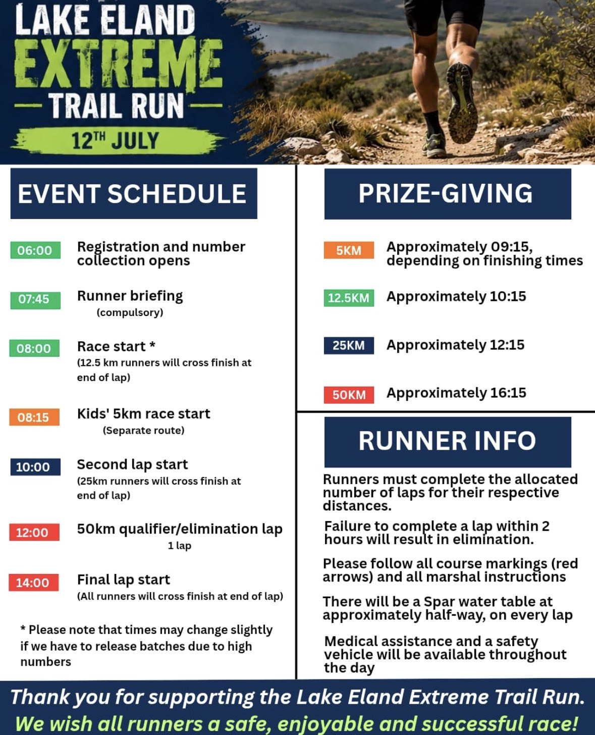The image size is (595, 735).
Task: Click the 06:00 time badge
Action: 35,250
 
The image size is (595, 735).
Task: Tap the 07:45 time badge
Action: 35,300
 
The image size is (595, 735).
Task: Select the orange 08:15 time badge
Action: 34,417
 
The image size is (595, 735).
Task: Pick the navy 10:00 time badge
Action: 35,467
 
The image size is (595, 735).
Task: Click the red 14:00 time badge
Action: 33,583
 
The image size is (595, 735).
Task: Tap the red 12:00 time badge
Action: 34,532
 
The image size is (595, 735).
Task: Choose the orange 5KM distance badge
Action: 349,250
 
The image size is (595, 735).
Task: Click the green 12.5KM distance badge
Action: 349,298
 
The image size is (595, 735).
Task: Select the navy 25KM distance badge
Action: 349,345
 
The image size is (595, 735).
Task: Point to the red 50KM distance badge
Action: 349,395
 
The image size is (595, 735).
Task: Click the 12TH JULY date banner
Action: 116,141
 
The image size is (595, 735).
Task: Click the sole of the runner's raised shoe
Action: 462,103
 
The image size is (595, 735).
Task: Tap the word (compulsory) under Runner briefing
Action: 130,312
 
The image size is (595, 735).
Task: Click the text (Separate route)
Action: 143,431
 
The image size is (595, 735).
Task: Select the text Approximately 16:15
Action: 456,393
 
